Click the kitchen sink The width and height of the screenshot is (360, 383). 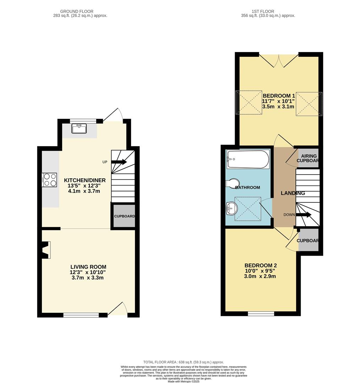coord(80,128)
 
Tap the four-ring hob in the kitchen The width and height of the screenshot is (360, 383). coord(50,179)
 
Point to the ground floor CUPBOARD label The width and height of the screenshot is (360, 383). coord(124,216)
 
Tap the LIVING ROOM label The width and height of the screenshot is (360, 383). coord(88,267)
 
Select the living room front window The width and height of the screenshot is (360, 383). coord(81,315)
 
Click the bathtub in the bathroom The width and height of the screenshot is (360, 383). coord(248,160)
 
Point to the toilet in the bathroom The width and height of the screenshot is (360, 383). coord(232,183)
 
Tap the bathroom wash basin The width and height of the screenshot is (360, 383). coord(231,208)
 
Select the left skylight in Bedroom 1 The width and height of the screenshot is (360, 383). coord(249,103)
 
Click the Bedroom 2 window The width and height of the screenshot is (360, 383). coord(261,313)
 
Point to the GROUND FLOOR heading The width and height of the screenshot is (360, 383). coord(77,11)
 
